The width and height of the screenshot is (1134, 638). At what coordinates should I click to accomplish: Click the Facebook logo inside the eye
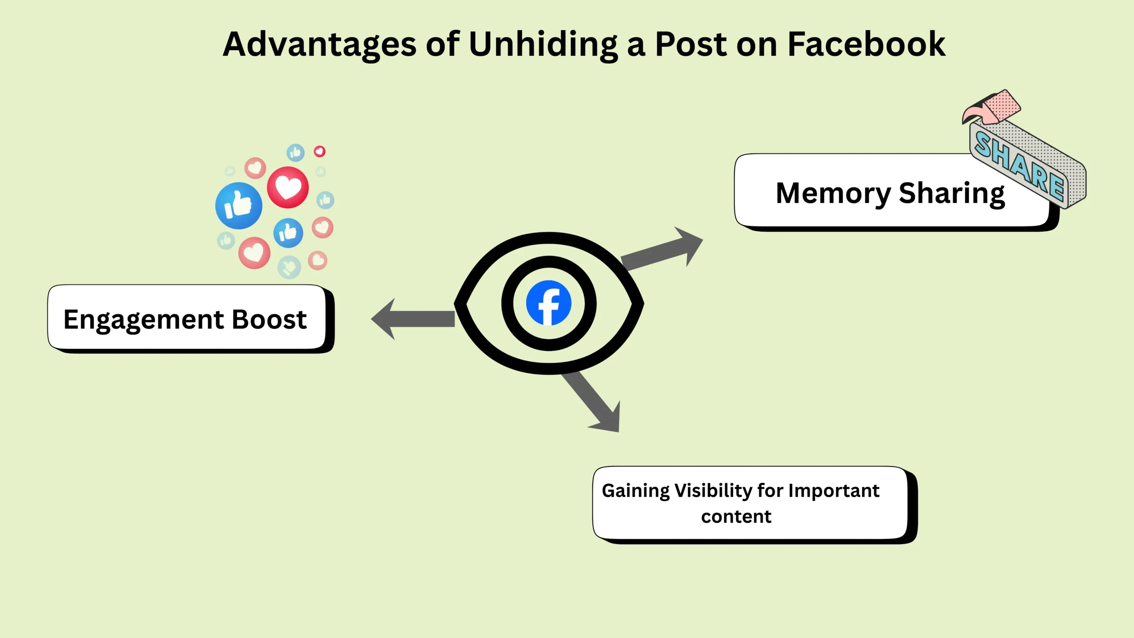click(x=548, y=303)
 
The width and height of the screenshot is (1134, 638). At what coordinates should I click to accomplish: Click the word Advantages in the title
click(x=319, y=44)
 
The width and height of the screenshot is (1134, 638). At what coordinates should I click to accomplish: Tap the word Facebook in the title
click(x=866, y=44)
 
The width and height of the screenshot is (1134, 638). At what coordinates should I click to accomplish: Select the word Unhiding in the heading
click(x=543, y=44)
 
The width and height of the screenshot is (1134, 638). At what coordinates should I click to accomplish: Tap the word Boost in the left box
click(x=269, y=319)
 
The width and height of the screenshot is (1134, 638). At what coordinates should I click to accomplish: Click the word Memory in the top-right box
click(x=833, y=194)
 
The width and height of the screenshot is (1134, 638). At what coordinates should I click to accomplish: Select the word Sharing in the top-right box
click(x=951, y=194)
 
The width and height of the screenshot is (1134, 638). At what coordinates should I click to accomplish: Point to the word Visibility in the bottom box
click(x=713, y=491)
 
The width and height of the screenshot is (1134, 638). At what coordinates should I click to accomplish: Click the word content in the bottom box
click(x=736, y=517)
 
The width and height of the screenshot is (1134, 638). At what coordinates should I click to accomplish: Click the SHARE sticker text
click(x=1019, y=166)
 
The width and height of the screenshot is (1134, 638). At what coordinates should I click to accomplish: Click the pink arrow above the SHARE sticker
click(x=992, y=109)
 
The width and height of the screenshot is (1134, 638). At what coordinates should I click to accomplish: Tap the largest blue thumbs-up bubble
click(x=239, y=206)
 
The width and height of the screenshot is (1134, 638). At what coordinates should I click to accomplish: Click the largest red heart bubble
click(x=288, y=187)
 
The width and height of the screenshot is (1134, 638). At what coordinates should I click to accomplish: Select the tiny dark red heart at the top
click(x=319, y=152)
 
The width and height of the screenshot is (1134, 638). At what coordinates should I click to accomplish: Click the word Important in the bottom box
click(x=834, y=491)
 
